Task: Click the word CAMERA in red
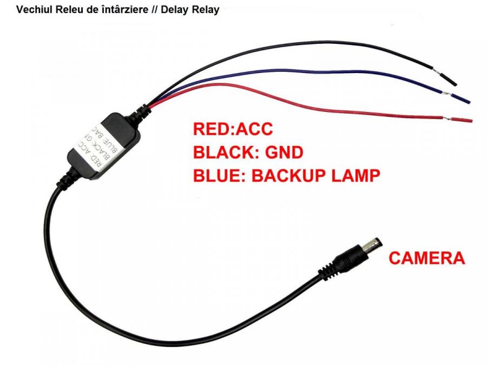426,258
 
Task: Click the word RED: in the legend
212,129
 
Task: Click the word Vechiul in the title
34,10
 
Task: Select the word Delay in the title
178,10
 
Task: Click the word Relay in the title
206,10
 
